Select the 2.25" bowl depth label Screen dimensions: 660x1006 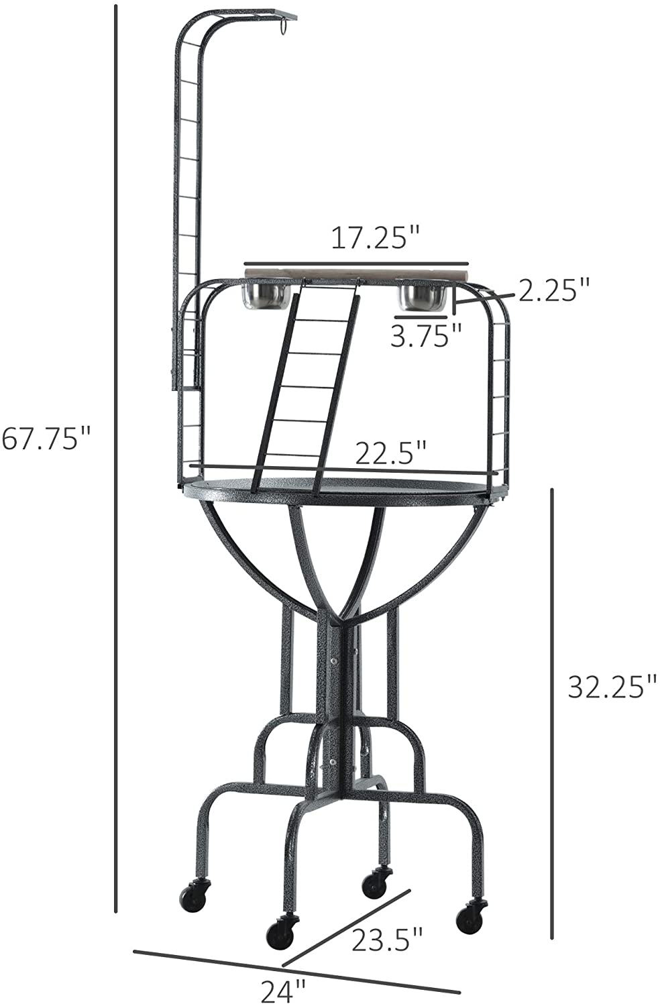(553, 290)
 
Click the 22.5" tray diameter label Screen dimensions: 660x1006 (390, 453)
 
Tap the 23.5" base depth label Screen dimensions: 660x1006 (387, 940)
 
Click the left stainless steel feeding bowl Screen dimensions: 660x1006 (266, 296)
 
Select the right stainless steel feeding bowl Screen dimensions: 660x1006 (423, 298)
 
